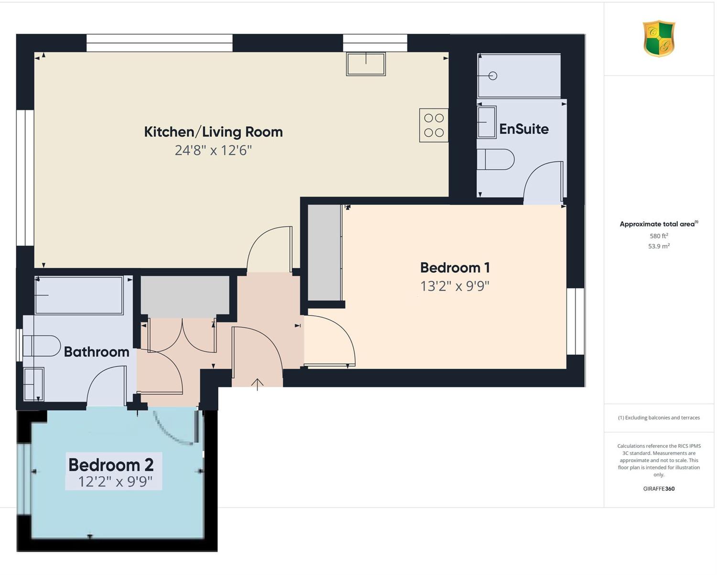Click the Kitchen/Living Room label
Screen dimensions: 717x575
click(x=213, y=132)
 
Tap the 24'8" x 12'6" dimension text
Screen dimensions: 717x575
click(x=213, y=150)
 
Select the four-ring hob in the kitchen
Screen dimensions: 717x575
click(x=434, y=125)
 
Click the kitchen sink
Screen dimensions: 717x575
click(x=366, y=64)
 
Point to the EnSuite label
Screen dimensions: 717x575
click(x=524, y=129)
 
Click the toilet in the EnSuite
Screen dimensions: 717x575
click(x=495, y=159)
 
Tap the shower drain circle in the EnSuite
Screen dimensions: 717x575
click(x=493, y=76)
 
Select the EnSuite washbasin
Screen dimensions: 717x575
click(x=487, y=122)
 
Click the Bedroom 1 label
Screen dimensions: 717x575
click(x=455, y=268)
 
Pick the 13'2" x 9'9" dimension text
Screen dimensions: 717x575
click(x=455, y=286)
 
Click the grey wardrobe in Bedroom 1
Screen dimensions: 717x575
click(x=324, y=252)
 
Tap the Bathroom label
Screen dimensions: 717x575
click(x=97, y=352)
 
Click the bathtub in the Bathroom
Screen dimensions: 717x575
click(x=79, y=295)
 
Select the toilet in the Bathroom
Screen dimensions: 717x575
click(x=42, y=346)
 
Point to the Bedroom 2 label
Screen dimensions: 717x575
click(x=111, y=465)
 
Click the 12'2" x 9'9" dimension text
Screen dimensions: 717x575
click(x=115, y=482)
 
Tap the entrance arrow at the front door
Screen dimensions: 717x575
click(x=257, y=384)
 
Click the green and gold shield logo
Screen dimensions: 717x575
click(x=659, y=38)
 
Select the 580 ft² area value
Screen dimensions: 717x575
click(x=659, y=236)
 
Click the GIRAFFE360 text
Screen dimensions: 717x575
click(x=659, y=488)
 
